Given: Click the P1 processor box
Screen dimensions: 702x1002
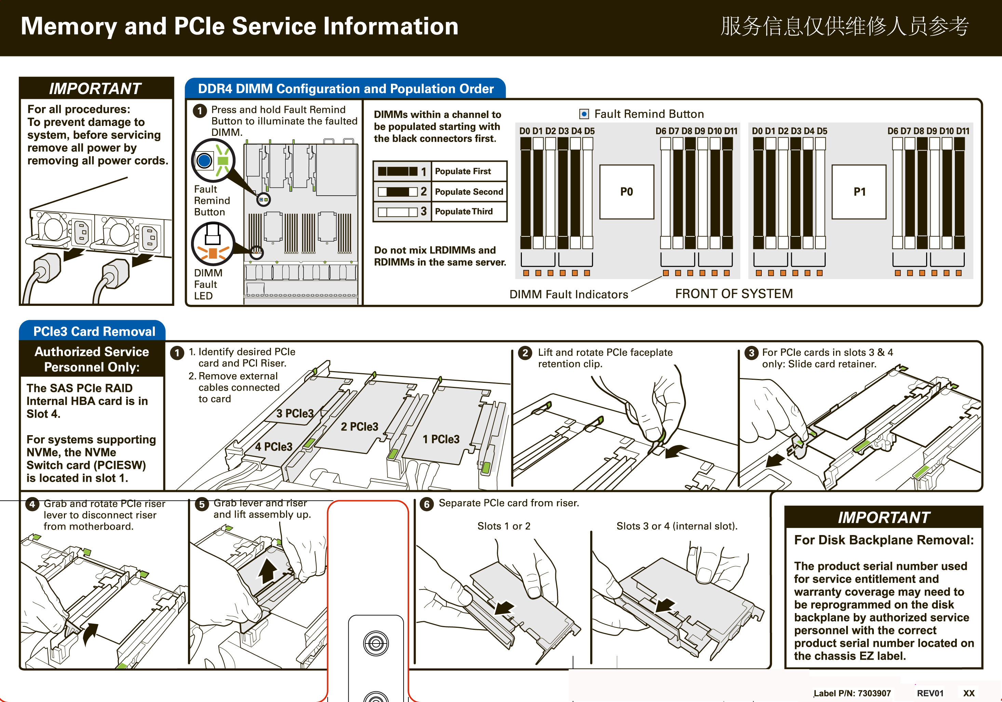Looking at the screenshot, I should click(859, 192).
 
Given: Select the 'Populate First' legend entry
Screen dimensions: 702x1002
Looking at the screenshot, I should click(463, 171).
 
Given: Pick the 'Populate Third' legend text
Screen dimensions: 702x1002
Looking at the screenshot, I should click(463, 211).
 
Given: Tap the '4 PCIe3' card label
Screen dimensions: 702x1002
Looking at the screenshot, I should click(274, 446).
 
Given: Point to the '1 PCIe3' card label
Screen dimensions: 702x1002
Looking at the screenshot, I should click(441, 439).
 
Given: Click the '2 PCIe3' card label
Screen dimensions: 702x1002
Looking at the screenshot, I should click(359, 426).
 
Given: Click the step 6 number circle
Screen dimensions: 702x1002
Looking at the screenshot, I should click(426, 504).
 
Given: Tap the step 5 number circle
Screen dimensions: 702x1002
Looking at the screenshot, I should click(202, 505).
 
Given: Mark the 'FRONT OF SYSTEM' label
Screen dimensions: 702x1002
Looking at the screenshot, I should click(734, 294).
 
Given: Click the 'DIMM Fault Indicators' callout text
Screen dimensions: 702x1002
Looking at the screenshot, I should click(568, 295).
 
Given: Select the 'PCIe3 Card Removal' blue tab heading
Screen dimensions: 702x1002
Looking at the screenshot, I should click(94, 331).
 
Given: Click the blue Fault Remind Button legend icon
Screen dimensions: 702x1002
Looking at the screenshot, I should click(584, 114).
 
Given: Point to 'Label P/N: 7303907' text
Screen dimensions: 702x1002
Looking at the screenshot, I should click(852, 693).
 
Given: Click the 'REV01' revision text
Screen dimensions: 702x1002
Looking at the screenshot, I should click(930, 693).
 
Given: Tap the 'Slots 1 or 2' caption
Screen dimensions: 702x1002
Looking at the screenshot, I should click(504, 526).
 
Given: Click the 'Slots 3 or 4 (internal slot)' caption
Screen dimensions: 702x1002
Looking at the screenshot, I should click(676, 526).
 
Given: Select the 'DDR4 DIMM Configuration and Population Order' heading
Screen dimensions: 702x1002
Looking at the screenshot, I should click(346, 89).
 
